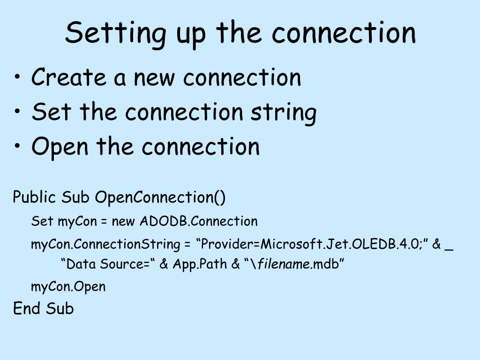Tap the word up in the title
pyautogui.click(x=190, y=34)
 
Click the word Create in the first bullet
pyautogui.click(x=69, y=77)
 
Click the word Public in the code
pyautogui.click(x=35, y=197)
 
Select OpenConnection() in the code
pyautogui.click(x=160, y=197)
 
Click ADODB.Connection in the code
pyautogui.click(x=199, y=221)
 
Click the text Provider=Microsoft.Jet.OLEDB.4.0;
pyautogui.click(x=310, y=244)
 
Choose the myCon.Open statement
pyautogui.click(x=68, y=286)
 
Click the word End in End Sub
pyautogui.click(x=27, y=308)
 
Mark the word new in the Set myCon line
pyautogui.click(x=123, y=221)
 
